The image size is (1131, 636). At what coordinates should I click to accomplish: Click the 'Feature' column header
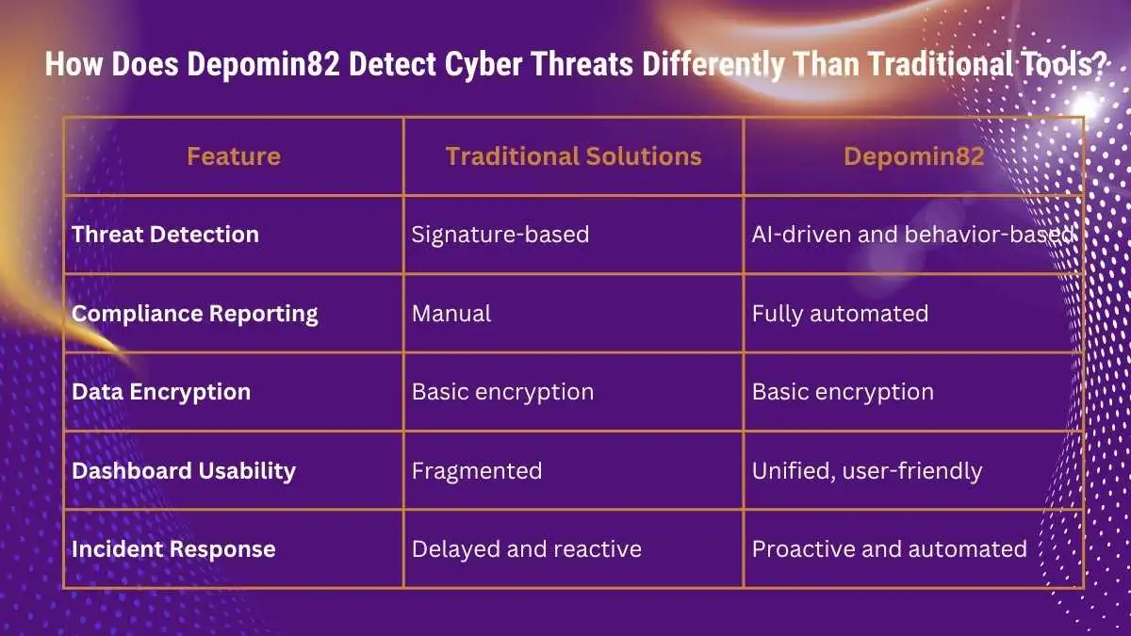(x=234, y=156)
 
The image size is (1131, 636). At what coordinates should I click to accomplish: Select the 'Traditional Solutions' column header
(x=574, y=156)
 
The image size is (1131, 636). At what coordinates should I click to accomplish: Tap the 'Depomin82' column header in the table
(x=914, y=157)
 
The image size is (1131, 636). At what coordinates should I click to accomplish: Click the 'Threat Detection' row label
(x=165, y=235)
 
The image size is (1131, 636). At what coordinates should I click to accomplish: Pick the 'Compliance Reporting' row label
(x=195, y=314)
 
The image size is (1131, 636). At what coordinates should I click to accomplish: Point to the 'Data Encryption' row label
(x=161, y=392)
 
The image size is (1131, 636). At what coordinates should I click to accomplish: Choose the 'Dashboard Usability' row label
(x=184, y=471)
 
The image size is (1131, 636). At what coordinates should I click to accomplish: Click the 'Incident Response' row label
(x=173, y=549)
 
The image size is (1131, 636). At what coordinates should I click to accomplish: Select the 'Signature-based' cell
(x=500, y=235)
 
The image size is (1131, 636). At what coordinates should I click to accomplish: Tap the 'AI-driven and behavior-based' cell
(x=913, y=235)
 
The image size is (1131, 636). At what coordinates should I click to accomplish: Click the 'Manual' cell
(x=451, y=314)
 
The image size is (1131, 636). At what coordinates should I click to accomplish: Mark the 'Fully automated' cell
(x=840, y=314)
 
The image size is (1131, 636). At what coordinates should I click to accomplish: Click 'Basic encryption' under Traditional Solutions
(x=503, y=392)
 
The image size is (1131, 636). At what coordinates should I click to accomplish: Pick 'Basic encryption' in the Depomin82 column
(x=844, y=392)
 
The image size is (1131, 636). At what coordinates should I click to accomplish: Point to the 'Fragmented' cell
(x=477, y=471)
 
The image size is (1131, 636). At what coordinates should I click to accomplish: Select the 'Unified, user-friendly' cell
(x=867, y=471)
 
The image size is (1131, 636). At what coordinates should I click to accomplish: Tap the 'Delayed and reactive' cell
(x=527, y=549)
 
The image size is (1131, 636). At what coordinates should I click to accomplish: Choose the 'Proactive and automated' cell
(x=890, y=549)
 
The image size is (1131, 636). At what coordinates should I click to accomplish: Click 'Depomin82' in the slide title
(x=263, y=65)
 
